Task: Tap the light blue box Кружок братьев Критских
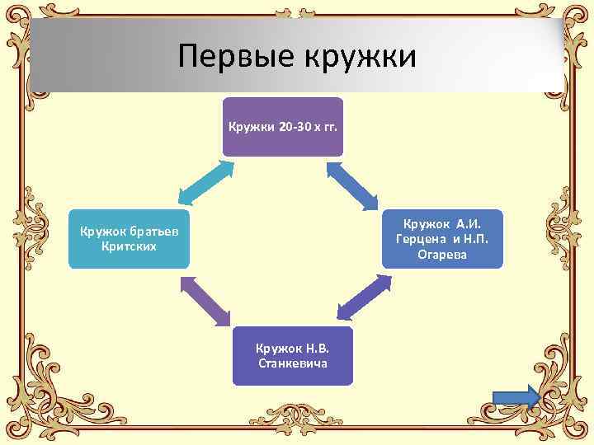(x=129, y=237)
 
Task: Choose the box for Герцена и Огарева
(x=442, y=239)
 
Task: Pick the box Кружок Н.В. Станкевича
(x=292, y=355)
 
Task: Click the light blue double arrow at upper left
(x=205, y=181)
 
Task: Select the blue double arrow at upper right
(x=352, y=184)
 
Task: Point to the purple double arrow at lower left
(x=208, y=300)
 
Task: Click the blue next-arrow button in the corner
(x=516, y=397)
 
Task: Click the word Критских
(x=129, y=246)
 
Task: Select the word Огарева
(x=442, y=255)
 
